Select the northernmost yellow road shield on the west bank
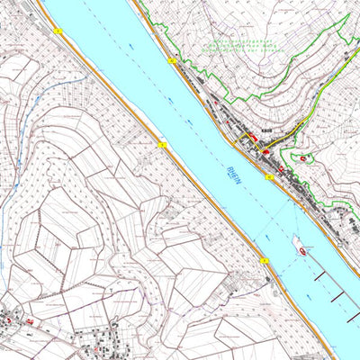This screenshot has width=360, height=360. pyautogui.click(x=58, y=31)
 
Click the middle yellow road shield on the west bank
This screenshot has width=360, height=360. pyautogui.click(x=162, y=143)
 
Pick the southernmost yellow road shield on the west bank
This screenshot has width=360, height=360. pyautogui.click(x=265, y=261)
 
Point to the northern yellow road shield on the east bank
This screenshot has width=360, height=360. pyautogui.click(x=171, y=60)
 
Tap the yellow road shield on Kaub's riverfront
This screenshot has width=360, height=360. pyautogui.click(x=269, y=177)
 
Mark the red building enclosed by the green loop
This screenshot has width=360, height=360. pyautogui.click(x=304, y=159)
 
